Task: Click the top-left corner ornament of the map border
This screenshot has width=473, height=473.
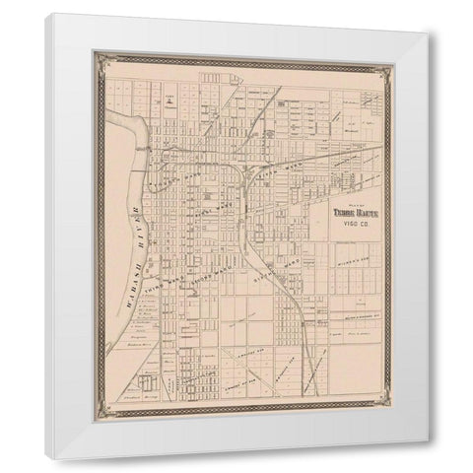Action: (x=99, y=58)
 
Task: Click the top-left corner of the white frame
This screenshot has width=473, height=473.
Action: (x=45, y=14)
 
